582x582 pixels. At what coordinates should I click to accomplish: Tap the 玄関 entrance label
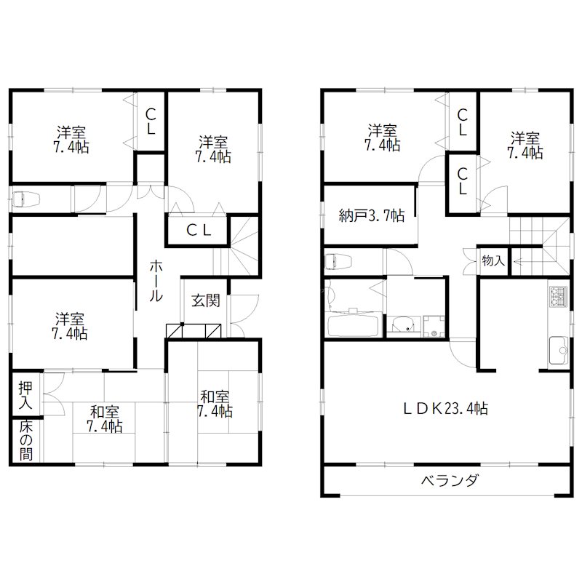point(204,300)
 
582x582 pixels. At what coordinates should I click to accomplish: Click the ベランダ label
point(450,480)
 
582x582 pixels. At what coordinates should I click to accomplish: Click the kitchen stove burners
point(559,297)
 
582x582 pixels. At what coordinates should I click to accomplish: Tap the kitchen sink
point(559,348)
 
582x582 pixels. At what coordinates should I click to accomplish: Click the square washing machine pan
point(433,327)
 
